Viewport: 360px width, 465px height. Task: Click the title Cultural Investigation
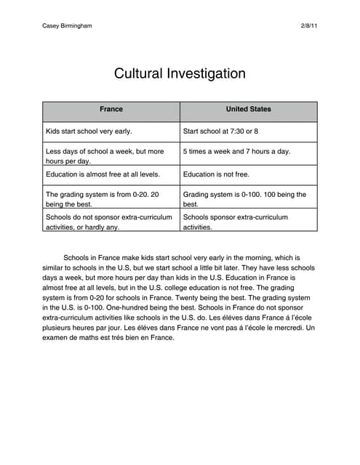coord(180,73)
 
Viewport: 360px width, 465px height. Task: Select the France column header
coord(111,110)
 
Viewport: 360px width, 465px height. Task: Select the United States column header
coord(248,110)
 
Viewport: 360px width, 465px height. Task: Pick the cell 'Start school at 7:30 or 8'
coord(220,132)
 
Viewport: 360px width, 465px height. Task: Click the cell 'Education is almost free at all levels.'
coord(103,174)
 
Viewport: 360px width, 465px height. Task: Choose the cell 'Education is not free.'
coord(216,174)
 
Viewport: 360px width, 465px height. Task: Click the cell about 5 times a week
coord(236,152)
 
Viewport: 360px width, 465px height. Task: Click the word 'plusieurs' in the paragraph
coord(60,328)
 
